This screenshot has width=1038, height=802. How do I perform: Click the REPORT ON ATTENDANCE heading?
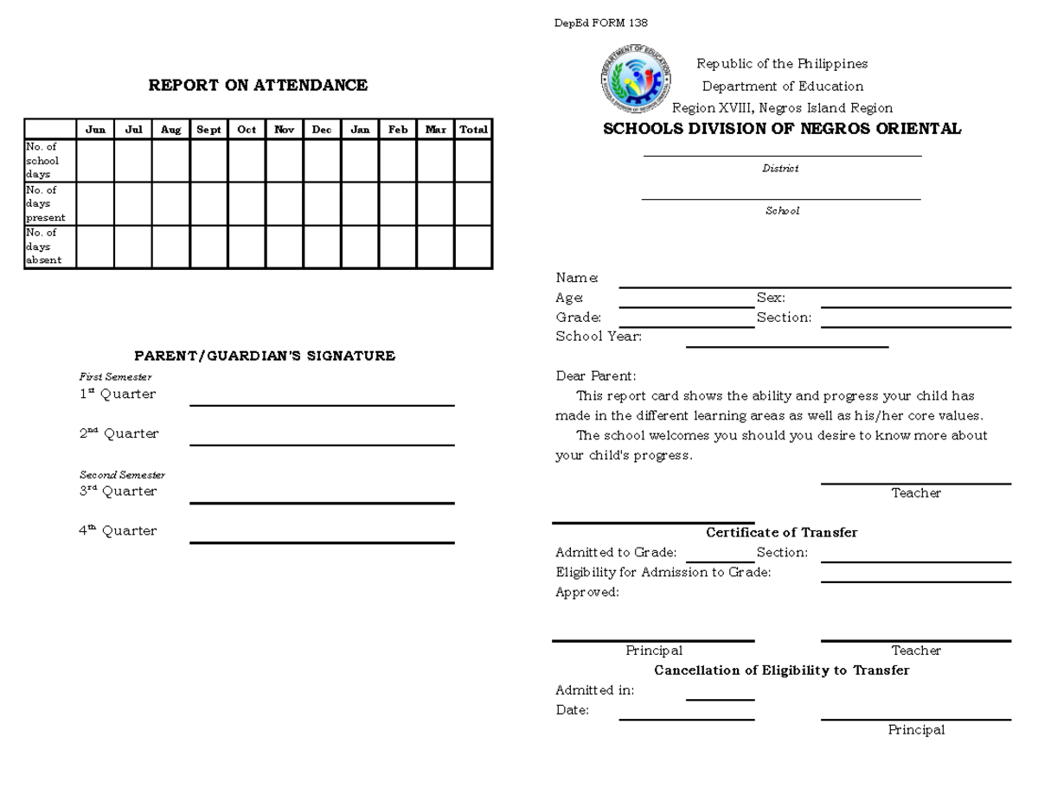tap(258, 85)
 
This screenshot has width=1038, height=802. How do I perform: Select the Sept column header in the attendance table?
tap(208, 130)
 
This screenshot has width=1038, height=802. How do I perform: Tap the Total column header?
tap(473, 130)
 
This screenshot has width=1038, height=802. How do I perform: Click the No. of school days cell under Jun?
tap(95, 161)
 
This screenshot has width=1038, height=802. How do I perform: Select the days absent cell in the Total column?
tap(473, 247)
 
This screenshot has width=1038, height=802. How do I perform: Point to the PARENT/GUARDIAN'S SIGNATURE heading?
tap(265, 356)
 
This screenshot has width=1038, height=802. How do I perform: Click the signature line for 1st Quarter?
tap(322, 404)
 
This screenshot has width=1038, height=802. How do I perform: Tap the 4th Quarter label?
tap(118, 531)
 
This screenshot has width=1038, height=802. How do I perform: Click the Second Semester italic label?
tap(122, 475)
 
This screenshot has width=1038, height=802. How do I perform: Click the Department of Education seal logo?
tap(636, 80)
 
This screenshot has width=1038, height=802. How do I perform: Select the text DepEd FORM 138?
tap(600, 22)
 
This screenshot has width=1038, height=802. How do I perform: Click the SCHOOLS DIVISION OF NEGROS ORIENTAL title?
tap(782, 129)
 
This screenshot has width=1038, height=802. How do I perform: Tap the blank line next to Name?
tap(815, 286)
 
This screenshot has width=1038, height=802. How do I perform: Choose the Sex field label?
tap(771, 298)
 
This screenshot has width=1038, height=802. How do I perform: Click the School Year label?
tap(599, 337)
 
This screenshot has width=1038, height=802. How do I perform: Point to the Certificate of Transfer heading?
tap(782, 533)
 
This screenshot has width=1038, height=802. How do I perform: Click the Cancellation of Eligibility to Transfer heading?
tap(782, 670)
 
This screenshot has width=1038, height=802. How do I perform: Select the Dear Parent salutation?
tap(595, 376)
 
